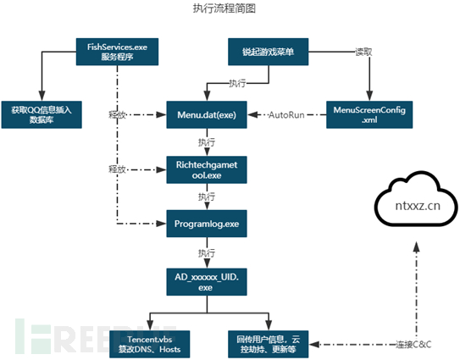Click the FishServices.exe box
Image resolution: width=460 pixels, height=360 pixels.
pyautogui.click(x=118, y=52)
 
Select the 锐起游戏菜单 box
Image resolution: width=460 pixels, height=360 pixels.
pyautogui.click(x=269, y=52)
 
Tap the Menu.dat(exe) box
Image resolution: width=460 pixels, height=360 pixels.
pyautogui.click(x=207, y=114)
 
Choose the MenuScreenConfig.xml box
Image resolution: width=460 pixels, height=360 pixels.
pyautogui.click(x=369, y=114)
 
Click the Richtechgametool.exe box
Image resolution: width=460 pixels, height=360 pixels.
pyautogui.click(x=207, y=170)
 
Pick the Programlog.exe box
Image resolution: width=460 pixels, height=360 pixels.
pyautogui.click(x=207, y=224)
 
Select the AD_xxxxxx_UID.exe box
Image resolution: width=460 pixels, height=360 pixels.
pyautogui.click(x=207, y=282)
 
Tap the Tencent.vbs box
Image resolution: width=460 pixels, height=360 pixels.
pyautogui.click(x=150, y=344)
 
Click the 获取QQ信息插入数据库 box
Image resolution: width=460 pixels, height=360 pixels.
pyautogui.click(x=42, y=114)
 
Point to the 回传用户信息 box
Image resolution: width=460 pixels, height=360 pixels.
pyautogui.click(x=269, y=344)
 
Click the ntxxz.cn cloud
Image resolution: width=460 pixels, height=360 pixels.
pyautogui.click(x=416, y=200)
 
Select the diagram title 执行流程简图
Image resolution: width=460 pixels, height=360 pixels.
pyautogui.click(x=224, y=8)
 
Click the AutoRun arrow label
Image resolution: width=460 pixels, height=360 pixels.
pyautogui.click(x=286, y=114)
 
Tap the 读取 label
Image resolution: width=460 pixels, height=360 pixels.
pyautogui.click(x=363, y=52)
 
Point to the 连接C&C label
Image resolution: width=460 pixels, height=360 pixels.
pyautogui.click(x=413, y=344)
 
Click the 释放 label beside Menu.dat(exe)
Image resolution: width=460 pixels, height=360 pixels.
pyautogui.click(x=118, y=114)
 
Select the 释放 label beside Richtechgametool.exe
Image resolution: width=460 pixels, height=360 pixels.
pyautogui.click(x=118, y=169)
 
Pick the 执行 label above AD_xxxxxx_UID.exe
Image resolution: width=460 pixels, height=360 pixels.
pyautogui.click(x=207, y=253)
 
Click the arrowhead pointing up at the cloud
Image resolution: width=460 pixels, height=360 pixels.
pyautogui.click(x=416, y=246)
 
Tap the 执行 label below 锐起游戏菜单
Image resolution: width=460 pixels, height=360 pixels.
pyautogui.click(x=238, y=83)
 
